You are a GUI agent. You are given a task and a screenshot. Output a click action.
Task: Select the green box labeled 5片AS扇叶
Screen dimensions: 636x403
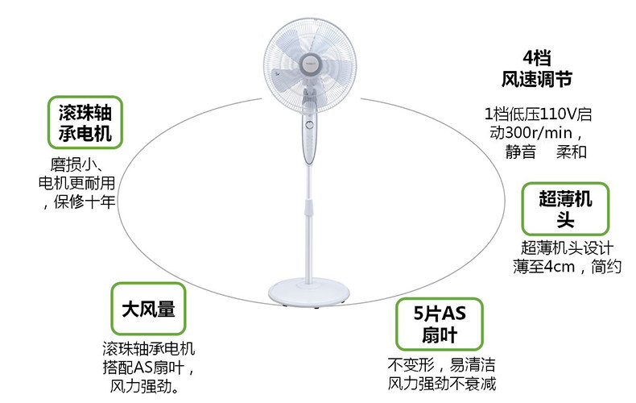point(439,324)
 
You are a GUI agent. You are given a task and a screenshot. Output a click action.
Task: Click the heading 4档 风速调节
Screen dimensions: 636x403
point(537,69)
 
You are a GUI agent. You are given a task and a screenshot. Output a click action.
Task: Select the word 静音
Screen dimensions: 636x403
point(520,152)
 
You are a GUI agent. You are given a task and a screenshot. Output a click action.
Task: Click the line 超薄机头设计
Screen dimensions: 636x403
point(568,247)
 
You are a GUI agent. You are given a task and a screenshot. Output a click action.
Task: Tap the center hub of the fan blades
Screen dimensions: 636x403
point(310,58)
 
